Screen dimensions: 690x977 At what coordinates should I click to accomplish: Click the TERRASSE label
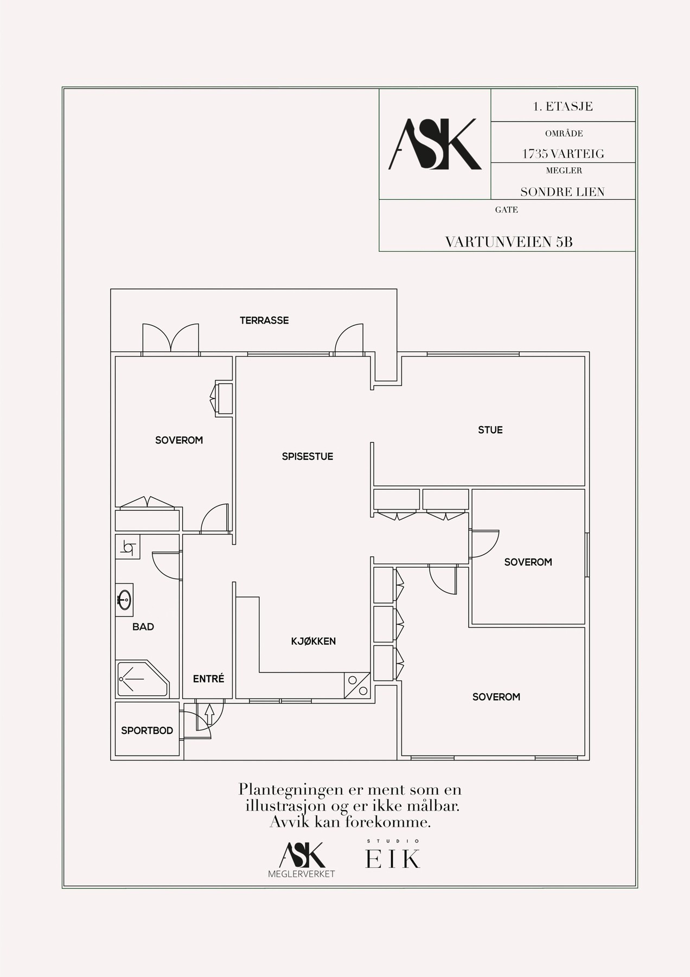264,320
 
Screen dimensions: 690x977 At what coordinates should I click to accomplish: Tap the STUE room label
490,430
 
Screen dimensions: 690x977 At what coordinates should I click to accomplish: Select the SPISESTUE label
308,456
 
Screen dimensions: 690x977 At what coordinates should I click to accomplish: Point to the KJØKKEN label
314,641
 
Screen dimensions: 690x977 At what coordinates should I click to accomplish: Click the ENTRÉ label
209,678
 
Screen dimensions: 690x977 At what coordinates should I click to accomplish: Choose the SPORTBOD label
147,731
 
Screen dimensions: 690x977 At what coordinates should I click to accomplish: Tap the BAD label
143,627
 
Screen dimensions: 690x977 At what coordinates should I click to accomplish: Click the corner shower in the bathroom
142,678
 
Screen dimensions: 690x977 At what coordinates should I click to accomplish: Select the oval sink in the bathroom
125,600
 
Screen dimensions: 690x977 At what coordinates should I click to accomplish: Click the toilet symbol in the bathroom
128,547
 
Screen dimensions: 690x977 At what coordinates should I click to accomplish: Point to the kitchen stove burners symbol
357,685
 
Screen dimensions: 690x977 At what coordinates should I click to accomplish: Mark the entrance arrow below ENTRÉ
209,714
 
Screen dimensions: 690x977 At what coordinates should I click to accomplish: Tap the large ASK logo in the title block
435,144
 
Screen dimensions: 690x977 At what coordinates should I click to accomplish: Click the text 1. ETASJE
563,106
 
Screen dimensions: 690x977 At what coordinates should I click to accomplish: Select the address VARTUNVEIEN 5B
509,242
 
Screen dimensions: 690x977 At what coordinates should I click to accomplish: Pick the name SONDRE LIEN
563,192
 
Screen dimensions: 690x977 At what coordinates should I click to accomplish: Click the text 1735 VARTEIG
563,154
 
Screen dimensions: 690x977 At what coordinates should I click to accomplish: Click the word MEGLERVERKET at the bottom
302,874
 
